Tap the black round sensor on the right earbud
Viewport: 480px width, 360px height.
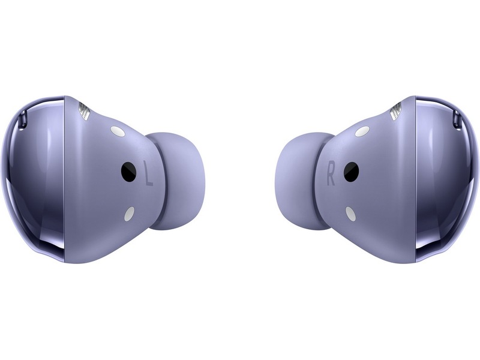(351, 171)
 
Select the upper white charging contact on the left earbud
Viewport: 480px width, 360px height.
(118, 131)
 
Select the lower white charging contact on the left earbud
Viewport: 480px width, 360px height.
(130, 214)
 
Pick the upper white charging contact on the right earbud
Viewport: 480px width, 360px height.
(362, 131)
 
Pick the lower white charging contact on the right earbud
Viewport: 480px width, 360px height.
(350, 214)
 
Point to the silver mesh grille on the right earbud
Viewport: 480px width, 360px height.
(395, 111)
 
